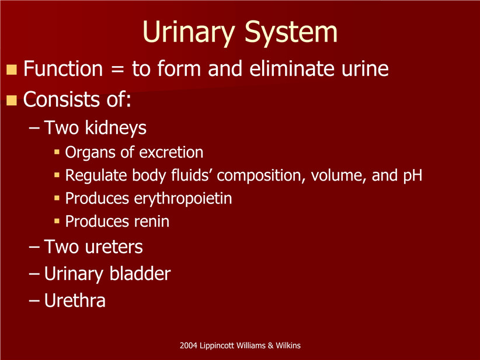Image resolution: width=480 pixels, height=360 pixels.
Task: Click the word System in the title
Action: tap(291, 32)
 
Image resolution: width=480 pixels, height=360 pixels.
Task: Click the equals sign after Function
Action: tap(117, 68)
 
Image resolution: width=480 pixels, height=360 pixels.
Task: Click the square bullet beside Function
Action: tap(11, 70)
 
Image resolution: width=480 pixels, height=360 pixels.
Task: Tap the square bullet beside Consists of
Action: tap(11, 100)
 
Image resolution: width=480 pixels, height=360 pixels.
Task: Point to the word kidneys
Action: tap(116, 128)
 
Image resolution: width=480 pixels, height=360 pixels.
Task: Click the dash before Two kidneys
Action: tap(34, 128)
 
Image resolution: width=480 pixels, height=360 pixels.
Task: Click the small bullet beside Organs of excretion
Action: tap(57, 151)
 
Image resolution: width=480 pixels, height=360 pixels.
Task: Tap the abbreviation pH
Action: tap(412, 175)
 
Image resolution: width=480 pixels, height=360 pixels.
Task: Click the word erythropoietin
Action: tap(183, 199)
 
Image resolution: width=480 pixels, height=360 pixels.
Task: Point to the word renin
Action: tap(151, 221)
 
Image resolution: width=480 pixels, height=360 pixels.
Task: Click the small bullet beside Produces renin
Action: tap(57, 220)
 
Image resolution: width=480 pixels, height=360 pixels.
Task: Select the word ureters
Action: tap(113, 247)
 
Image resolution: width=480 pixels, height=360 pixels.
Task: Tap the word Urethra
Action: tap(75, 300)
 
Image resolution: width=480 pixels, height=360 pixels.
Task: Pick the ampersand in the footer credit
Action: tap(270, 345)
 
